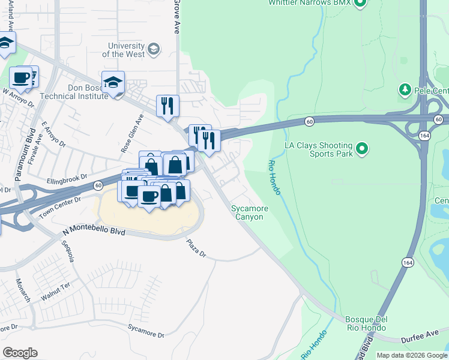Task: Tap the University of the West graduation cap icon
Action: pos(154,49)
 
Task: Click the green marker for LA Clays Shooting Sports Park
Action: pos(361,148)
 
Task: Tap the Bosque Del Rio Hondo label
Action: pos(366,323)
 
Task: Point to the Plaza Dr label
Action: pos(196,248)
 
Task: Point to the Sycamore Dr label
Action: pos(146,331)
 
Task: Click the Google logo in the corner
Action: pos(20,353)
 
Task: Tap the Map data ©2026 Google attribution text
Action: pos(411,355)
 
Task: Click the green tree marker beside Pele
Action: pos(405,91)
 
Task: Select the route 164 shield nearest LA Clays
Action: pos(423,137)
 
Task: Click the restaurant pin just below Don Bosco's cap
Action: pos(167,106)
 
